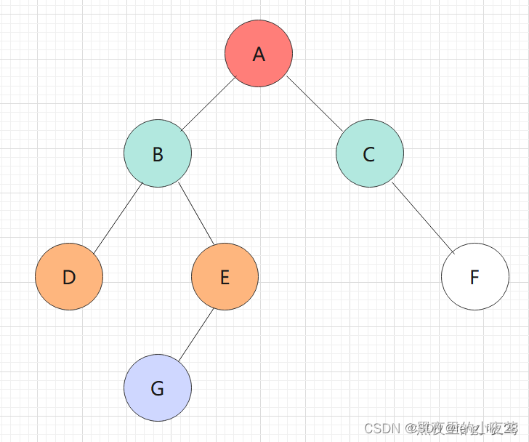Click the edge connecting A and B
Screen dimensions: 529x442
[209, 104]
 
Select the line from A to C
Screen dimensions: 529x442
[314, 103]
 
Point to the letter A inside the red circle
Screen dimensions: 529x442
[259, 55]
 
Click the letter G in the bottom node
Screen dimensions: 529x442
[158, 389]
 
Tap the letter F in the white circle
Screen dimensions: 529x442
[475, 278]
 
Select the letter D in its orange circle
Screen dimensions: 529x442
[69, 278]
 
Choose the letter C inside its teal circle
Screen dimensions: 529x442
[369, 154]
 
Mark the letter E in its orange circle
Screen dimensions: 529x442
[225, 278]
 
